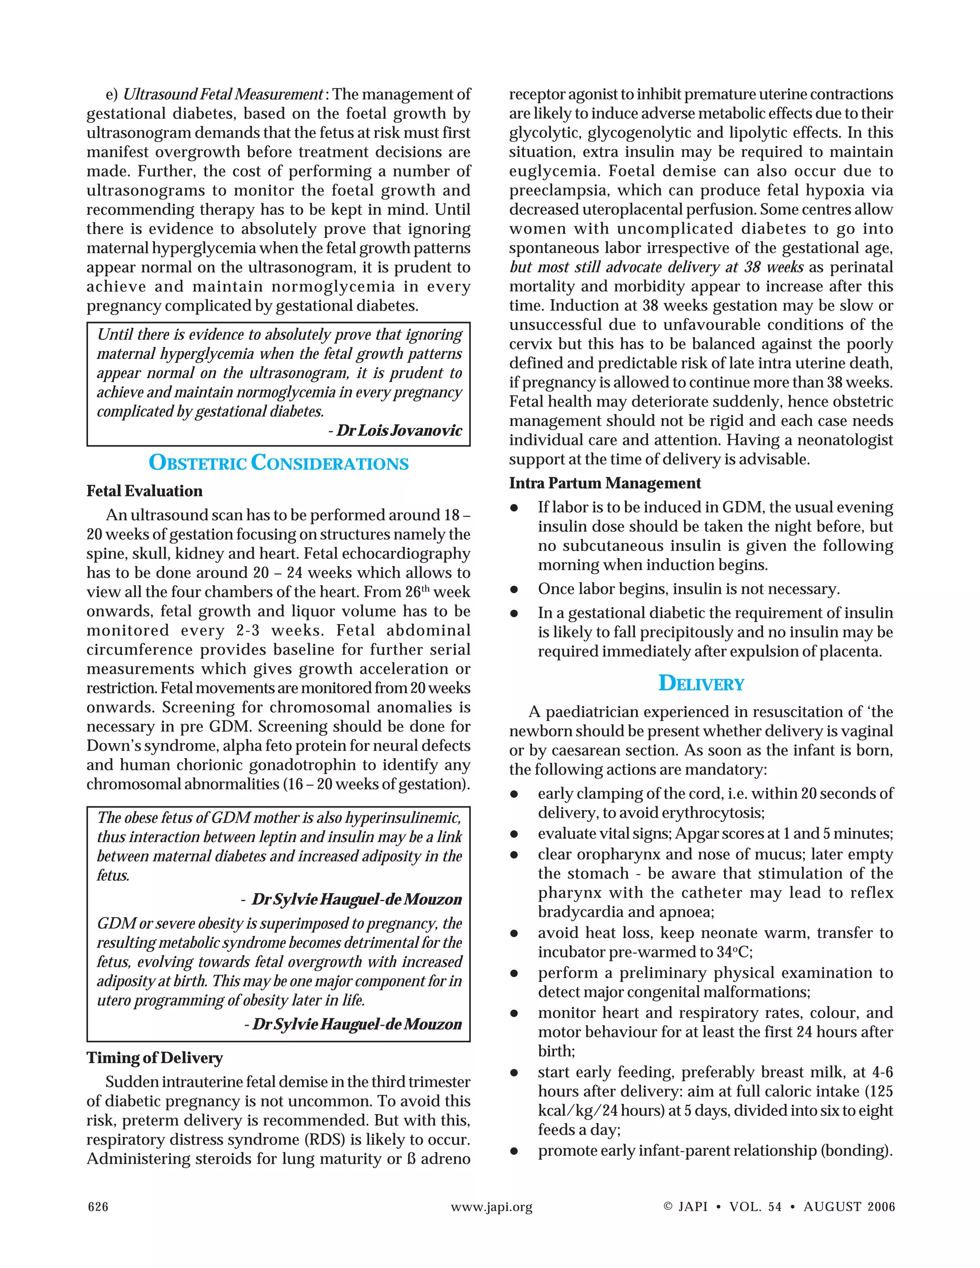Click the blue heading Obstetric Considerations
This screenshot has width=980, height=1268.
pos(278,463)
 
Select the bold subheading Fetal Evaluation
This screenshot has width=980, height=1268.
pos(145,491)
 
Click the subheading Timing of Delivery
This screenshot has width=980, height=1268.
pos(155,1058)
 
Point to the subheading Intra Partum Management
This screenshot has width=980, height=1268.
pos(605,483)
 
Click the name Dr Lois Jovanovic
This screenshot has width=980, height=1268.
pos(399,431)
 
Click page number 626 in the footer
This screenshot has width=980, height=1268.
pos(98,1207)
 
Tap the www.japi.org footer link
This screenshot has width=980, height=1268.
pos(491,1207)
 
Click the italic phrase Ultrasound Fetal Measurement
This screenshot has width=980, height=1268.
pos(223,94)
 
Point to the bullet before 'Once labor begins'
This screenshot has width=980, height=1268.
pos(514,590)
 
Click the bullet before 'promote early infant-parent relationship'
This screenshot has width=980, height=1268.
pos(514,1151)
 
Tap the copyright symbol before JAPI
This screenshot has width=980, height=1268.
pos(668,1206)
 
